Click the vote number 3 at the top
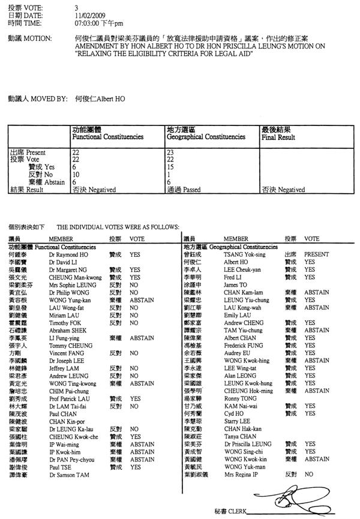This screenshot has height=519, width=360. point(76,5)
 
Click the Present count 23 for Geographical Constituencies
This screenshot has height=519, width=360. point(169,153)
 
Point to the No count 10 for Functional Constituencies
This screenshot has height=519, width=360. point(76,175)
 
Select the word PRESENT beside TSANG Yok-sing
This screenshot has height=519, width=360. point(316,254)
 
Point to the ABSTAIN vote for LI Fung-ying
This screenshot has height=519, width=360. point(142,338)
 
